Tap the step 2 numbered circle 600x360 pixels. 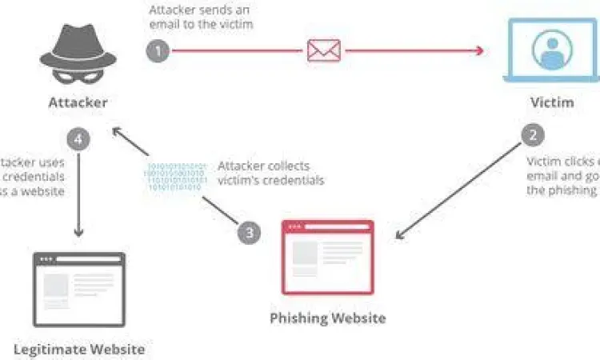533,135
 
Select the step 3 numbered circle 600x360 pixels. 250,233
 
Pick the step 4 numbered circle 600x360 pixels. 78,139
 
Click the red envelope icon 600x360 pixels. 324,50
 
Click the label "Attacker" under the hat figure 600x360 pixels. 78,102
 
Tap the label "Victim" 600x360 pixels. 552,102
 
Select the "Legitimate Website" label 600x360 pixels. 79,349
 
